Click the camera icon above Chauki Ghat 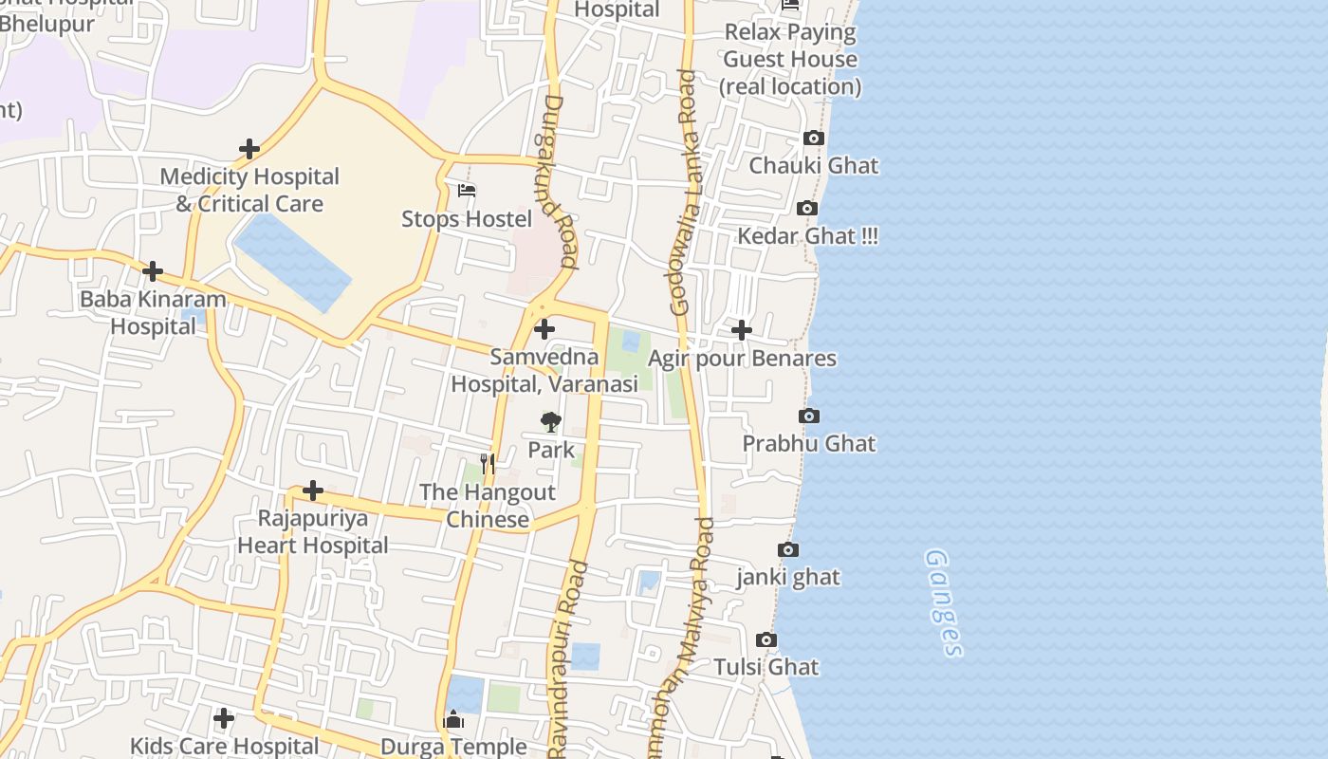point(813,139)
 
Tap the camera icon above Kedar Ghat point(807,209)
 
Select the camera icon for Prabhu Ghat point(809,417)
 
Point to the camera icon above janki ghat point(788,550)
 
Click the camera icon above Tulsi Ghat point(766,640)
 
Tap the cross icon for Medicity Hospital point(249,150)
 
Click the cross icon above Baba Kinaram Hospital point(153,272)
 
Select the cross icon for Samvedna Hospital point(544,330)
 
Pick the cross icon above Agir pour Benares point(742,330)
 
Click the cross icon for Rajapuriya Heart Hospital point(313,491)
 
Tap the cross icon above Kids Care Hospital point(224,719)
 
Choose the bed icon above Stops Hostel point(467,191)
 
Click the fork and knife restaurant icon point(488,464)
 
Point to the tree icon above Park point(551,422)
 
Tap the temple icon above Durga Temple point(453,720)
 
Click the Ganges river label point(944,602)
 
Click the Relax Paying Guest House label point(790,59)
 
